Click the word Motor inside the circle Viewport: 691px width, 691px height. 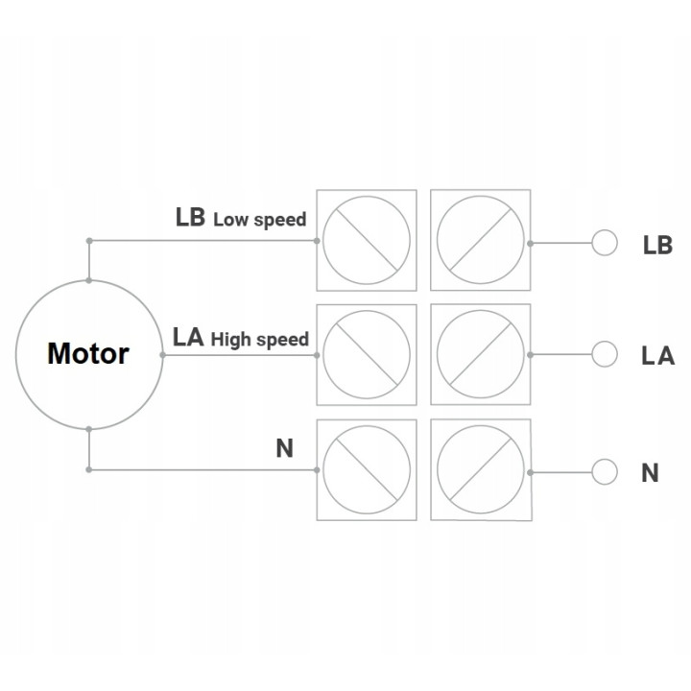tap(88, 353)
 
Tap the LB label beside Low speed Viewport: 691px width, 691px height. tap(190, 217)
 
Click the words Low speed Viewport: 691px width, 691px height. tap(260, 220)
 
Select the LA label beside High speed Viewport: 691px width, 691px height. tap(188, 338)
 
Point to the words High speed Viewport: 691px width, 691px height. tap(260, 340)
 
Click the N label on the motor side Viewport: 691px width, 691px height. tap(285, 448)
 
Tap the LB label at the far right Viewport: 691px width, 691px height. tap(657, 245)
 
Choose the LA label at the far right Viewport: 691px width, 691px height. tap(658, 356)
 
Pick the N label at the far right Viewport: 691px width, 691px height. tap(650, 473)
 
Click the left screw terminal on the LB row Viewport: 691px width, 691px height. tap(367, 240)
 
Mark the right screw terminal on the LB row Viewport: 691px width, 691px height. tap(481, 240)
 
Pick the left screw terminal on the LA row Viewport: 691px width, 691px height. tap(367, 355)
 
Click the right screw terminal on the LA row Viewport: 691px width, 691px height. tap(481, 354)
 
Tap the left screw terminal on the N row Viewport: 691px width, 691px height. tap(367, 469)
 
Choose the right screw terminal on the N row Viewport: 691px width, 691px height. tap(481, 469)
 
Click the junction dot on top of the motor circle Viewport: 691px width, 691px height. tap(89, 280)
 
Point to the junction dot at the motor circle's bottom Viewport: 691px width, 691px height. tap(89, 429)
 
